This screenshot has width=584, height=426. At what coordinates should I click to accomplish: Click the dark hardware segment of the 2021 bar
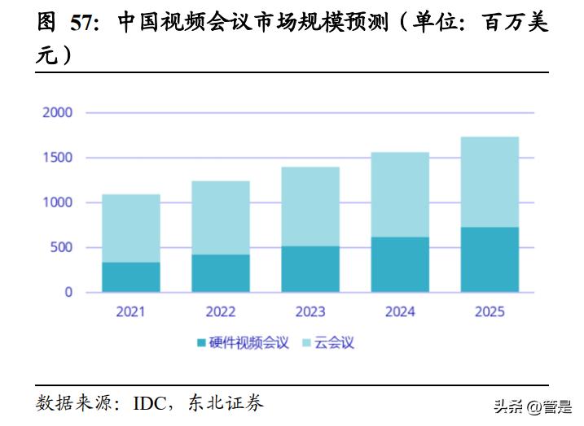130,276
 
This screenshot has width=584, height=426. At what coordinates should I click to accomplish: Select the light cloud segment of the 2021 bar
130,228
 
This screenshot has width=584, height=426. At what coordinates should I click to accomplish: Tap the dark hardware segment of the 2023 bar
310,269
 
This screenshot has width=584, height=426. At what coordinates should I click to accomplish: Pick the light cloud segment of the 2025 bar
490,182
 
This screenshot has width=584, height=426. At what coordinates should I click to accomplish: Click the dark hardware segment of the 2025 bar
490,259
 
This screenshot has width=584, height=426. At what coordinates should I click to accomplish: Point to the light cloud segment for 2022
221,217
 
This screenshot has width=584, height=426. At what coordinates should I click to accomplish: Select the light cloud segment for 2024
400,194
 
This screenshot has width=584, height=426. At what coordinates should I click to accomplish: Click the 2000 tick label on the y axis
57,112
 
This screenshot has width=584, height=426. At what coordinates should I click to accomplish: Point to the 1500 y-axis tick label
57,158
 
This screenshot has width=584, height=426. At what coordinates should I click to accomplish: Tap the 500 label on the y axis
61,247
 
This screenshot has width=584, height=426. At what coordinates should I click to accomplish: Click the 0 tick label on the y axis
68,292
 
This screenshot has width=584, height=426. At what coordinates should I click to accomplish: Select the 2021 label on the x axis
130,311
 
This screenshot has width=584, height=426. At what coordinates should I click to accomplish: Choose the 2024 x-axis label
400,311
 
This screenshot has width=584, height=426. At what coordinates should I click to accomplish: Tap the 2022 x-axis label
221,311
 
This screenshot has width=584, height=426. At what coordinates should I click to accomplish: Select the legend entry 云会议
334,342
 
